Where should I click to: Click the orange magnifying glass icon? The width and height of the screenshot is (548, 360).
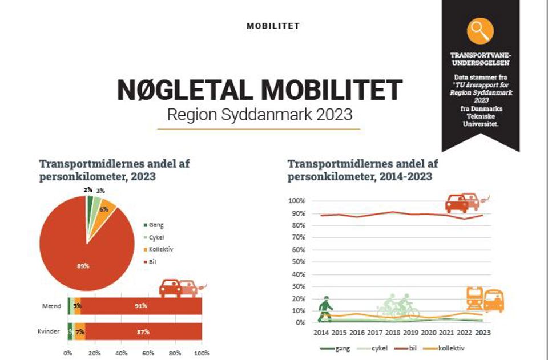point(479,31)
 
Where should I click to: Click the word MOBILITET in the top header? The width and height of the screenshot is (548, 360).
point(273,26)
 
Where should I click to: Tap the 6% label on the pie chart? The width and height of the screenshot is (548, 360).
point(103,209)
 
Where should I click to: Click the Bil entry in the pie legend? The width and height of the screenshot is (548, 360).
point(152,262)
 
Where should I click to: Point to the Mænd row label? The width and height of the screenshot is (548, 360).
point(47,306)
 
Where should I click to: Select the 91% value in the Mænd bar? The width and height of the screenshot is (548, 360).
point(140,306)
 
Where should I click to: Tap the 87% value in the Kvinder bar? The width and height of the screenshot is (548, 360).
point(143,331)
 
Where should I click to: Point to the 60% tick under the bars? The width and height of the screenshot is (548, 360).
point(148,353)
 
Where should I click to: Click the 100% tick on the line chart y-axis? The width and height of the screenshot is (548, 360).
point(298,201)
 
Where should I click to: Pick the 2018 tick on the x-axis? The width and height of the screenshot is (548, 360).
point(392,333)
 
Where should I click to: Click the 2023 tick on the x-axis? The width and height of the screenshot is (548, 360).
point(482,333)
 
